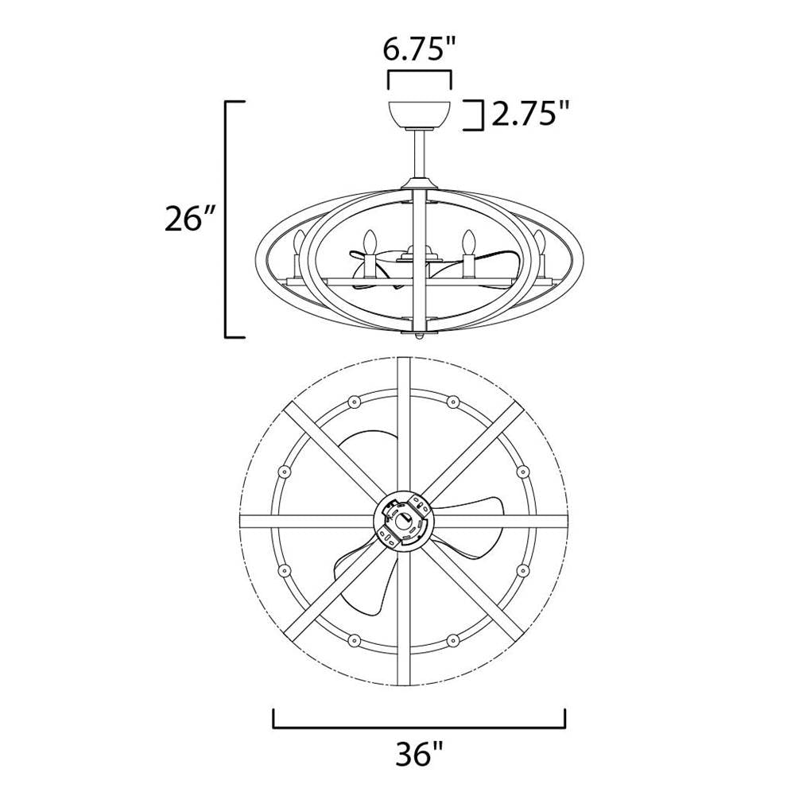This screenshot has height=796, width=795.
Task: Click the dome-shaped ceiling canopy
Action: click(x=419, y=116)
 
